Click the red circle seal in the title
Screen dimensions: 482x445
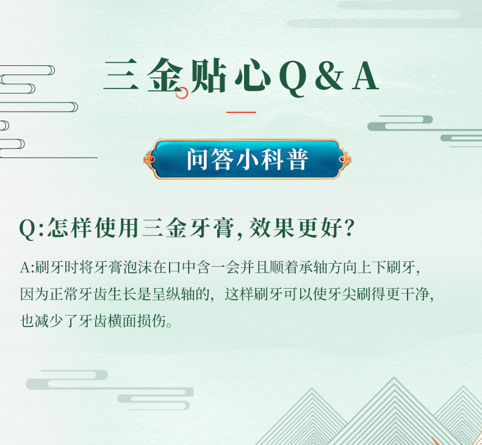pos(182,93)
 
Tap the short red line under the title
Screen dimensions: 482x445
pos(242,112)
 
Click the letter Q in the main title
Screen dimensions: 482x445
pos(293,78)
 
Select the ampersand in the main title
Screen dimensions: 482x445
pos(329,76)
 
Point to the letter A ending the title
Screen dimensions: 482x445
pos(365,76)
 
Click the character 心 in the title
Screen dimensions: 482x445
pos(253,75)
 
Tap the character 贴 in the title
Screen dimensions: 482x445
pos(209,76)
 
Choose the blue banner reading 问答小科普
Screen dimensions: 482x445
pos(248,159)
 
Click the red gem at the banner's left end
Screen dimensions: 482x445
pos(152,159)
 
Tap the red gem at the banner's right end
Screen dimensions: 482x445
pos(342,159)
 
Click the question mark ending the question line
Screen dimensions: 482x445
pos(349,228)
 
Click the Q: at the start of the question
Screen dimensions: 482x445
pos(32,229)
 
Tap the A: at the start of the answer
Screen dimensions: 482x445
pos(27,267)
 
